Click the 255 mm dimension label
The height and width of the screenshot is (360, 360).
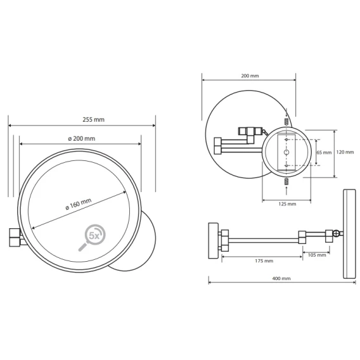(93, 120)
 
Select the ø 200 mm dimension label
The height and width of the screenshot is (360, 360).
(82, 139)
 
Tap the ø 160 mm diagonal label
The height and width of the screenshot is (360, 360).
(79, 204)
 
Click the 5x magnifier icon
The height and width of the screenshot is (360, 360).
(92, 238)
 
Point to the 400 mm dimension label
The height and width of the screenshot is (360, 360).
(281, 278)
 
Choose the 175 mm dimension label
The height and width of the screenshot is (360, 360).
(264, 261)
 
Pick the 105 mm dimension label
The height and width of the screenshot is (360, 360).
(317, 255)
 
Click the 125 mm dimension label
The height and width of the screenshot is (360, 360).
(287, 204)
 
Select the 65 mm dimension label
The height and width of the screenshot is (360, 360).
(324, 153)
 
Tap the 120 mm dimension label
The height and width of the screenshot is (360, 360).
(345, 152)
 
